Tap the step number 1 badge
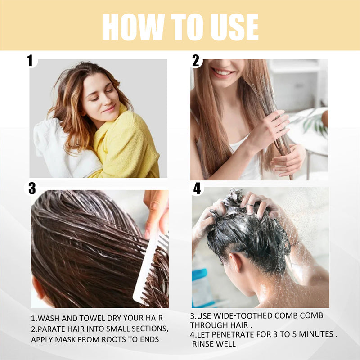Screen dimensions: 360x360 pos(30,60)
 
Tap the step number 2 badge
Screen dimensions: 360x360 pos(196,60)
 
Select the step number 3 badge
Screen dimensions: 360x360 pos(32,189)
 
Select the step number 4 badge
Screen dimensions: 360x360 pos(197,189)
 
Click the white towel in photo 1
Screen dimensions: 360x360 pos(58,148)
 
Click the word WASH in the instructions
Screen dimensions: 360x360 pos(50,318)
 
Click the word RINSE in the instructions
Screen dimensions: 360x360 pos(205,344)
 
